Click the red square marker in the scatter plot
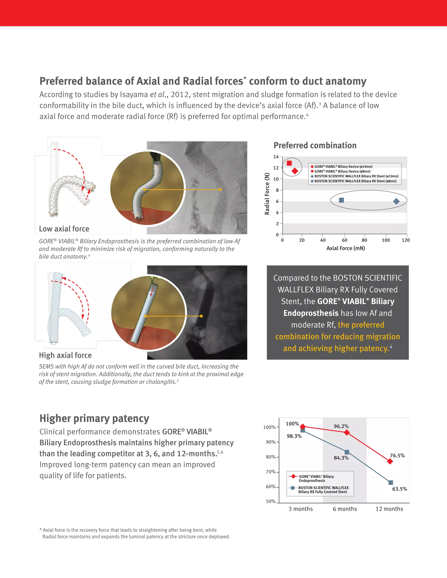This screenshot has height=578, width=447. point(289,163)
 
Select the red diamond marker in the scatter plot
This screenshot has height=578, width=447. point(295,171)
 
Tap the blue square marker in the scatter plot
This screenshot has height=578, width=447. point(341,200)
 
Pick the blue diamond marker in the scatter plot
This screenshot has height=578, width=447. point(396,201)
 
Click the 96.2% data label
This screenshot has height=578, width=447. point(341,426)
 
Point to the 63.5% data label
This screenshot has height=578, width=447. point(400,489)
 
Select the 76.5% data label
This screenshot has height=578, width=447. point(397,455)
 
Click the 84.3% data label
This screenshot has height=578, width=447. point(341,458)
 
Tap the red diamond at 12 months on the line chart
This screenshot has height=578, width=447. point(390,461)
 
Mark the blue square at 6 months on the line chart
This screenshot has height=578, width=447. point(347,452)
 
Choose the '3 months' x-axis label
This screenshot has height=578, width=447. point(300,509)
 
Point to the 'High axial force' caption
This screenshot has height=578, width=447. point(65,355)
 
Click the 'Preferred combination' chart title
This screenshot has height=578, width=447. point(315,145)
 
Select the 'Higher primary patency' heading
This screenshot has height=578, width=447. point(95,418)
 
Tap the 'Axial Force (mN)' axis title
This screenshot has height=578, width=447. point(345,248)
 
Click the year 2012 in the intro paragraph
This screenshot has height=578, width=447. point(180,94)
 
